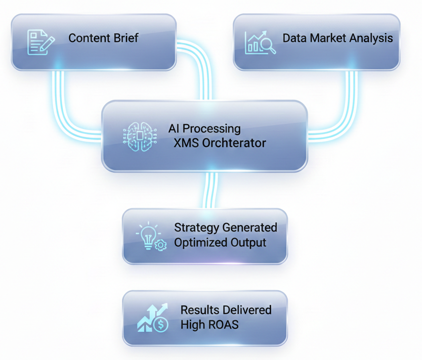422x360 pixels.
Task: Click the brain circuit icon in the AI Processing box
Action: (140, 135)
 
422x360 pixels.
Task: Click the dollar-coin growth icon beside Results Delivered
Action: (153, 318)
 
